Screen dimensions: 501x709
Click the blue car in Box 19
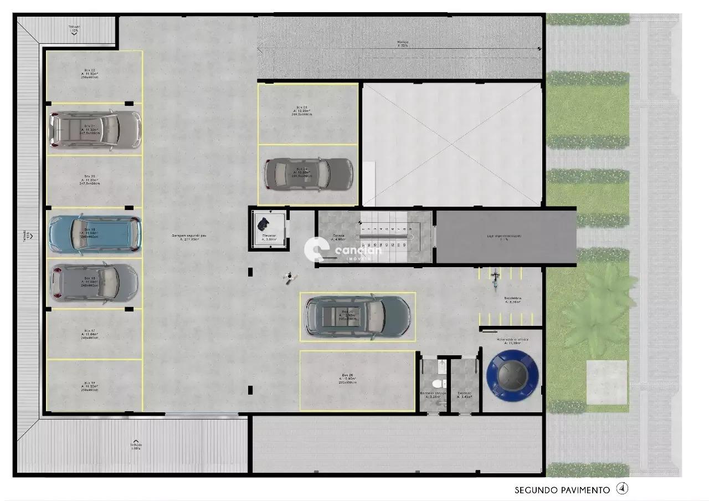(94, 233)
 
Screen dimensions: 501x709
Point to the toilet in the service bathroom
(437, 384)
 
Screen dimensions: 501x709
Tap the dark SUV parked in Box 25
(358, 317)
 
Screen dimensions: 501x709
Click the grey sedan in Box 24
(308, 173)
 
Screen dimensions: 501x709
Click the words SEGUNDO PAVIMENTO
(562, 490)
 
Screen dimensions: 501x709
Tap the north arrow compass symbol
(623, 489)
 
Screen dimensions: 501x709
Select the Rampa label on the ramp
(403, 43)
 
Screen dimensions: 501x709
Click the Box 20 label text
(89, 180)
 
